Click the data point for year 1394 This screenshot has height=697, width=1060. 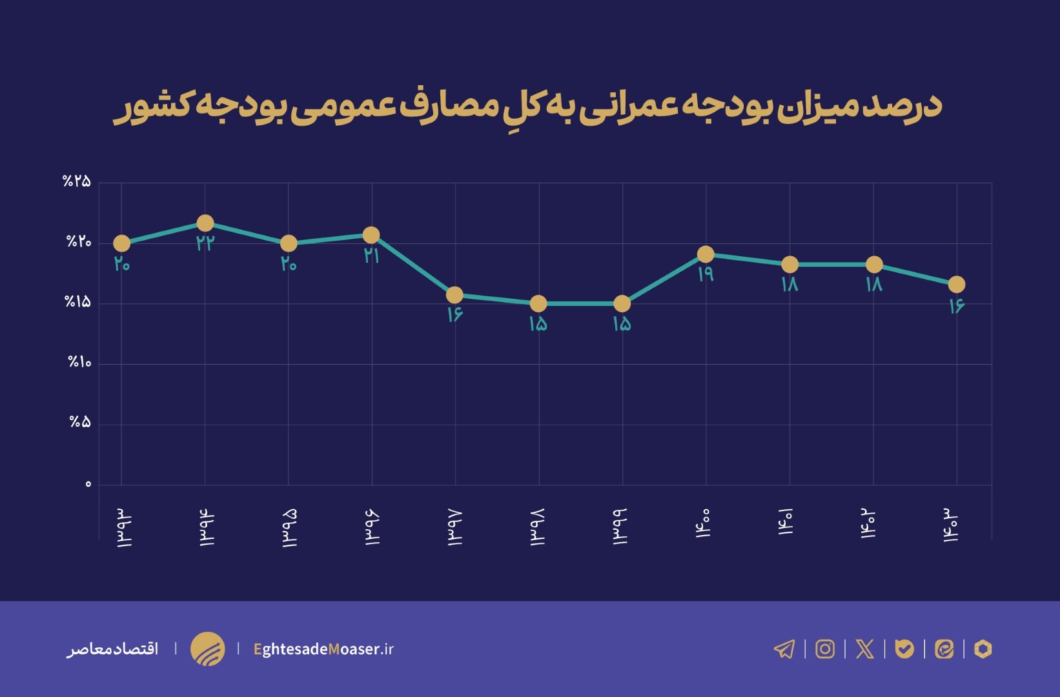205,223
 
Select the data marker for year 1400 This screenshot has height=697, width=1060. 706,254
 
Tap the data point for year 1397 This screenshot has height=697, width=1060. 454,295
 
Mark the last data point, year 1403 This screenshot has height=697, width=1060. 956,285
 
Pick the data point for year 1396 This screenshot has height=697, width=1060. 371,235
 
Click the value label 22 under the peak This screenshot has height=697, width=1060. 205,243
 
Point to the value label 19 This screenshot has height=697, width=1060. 706,274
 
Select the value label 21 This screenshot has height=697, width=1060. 371,256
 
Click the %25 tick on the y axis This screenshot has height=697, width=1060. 77,181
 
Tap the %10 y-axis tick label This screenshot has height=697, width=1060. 79,363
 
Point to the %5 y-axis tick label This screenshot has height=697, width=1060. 80,423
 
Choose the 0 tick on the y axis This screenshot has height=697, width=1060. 88,484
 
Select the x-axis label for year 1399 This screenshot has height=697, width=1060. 621,527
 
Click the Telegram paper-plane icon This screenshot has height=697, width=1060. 784,649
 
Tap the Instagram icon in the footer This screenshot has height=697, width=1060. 825,649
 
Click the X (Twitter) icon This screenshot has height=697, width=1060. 864,649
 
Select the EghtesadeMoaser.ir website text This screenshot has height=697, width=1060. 323,649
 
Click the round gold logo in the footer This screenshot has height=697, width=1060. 207,649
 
